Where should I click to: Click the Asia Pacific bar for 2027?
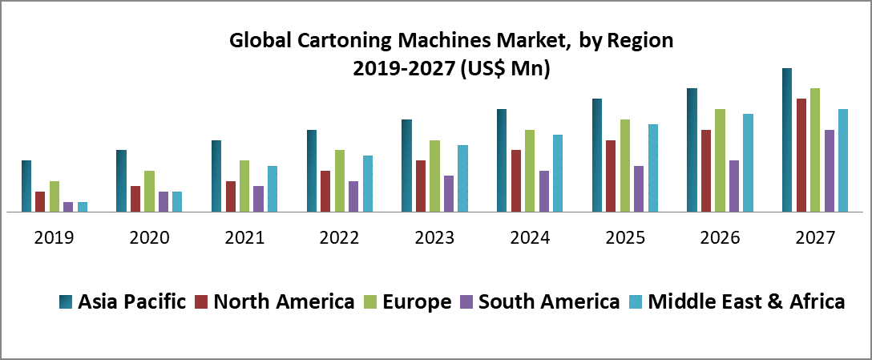pos(787,140)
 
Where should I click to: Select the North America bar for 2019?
pos(40,202)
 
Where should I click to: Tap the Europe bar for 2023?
pos(435,176)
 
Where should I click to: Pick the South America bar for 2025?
pos(639,189)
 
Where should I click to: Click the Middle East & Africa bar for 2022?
pos(368,184)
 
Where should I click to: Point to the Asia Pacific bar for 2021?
pos(216,176)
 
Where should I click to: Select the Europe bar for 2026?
pos(721,160)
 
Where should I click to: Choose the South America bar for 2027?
pos(830,171)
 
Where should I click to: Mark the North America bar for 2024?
pos(516,181)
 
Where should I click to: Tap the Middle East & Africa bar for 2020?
pos(177,202)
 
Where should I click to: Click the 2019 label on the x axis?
pos(54,238)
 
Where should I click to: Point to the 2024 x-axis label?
pos(530,238)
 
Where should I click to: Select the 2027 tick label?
pos(815,238)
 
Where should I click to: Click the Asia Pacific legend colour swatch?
pos(66,302)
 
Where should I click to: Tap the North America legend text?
pos(285,302)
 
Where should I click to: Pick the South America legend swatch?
pos(466,302)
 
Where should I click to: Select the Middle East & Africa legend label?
pos(746,302)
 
